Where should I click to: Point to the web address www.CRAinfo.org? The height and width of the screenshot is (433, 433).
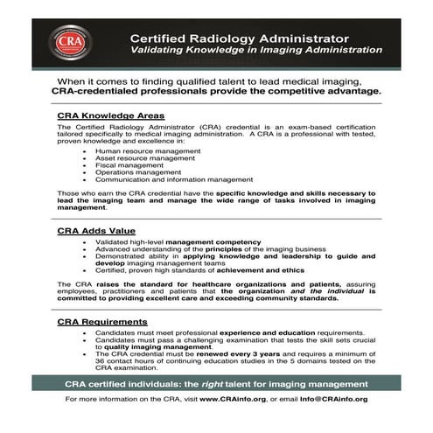click(x=234, y=398)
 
